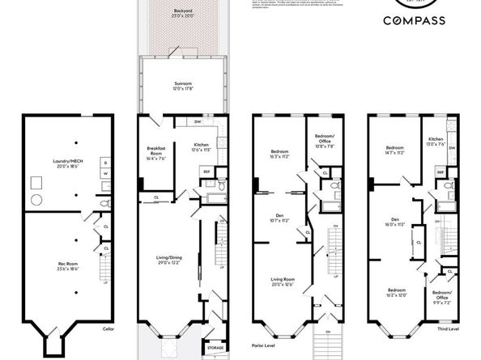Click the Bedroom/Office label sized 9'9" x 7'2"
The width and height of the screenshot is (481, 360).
coord(442,295)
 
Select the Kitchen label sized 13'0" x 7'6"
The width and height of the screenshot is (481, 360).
coord(435,142)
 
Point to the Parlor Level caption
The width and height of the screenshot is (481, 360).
coord(264,330)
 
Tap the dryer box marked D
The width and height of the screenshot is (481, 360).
coord(106,163)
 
